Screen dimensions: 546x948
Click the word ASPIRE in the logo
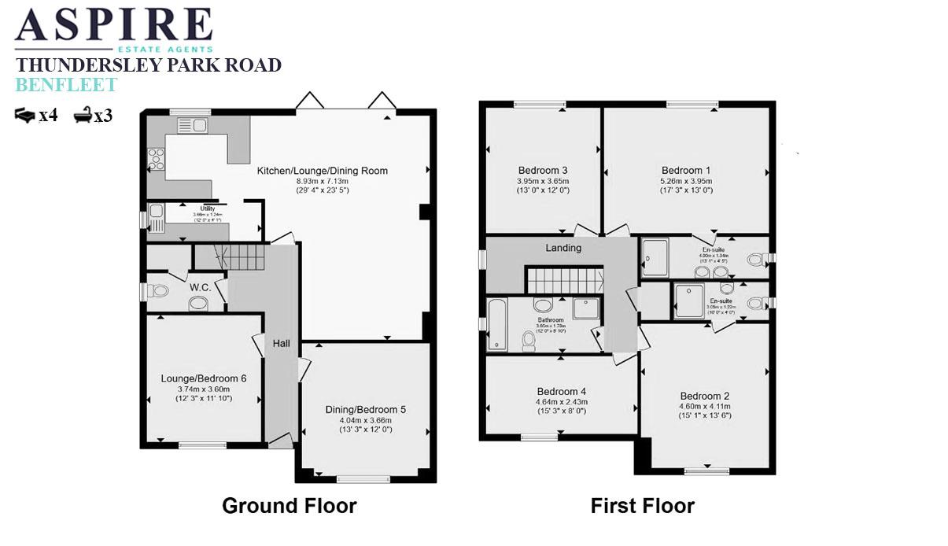[114, 25]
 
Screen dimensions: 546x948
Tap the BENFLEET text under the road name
[66, 85]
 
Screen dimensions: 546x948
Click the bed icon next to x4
[26, 116]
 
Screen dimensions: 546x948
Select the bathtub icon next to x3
[82, 116]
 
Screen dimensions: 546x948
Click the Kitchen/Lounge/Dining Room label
[323, 171]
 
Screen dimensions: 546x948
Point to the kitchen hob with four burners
[156, 159]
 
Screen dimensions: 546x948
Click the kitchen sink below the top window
[191, 125]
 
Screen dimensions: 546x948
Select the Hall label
[282, 344]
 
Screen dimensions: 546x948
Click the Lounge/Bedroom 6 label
[204, 378]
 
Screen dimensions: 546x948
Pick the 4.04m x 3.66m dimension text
[365, 420]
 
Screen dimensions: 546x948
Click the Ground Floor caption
[289, 505]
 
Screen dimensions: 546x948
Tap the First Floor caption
[642, 505]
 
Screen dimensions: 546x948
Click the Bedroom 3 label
[543, 171]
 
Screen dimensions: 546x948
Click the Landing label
[563, 248]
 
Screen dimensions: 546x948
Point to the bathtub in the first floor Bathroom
[496, 323]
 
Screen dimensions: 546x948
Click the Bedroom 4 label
[562, 391]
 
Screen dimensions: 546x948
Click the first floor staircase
[564, 279]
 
